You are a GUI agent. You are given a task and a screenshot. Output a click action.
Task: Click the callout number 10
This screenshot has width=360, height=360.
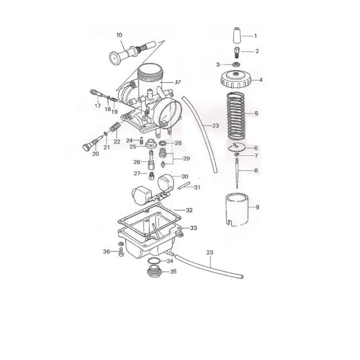(x=119, y=35)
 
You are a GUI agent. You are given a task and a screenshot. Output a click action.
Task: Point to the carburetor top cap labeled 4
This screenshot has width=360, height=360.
(x=236, y=80)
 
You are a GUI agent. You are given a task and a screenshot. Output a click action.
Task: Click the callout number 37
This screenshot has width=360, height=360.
(x=178, y=83)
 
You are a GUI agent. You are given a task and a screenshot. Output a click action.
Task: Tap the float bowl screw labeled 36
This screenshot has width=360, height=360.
(x=120, y=251)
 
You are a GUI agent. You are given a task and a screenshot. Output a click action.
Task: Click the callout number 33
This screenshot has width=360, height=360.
(x=193, y=228)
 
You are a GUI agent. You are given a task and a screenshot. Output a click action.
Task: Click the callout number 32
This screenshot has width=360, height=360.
(x=189, y=210)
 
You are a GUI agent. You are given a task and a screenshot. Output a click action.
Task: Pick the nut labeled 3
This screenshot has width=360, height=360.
(x=236, y=64)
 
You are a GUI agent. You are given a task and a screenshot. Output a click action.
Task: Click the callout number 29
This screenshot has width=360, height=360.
(x=186, y=158)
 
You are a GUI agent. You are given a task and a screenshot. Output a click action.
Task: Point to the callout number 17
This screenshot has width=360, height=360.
(x=97, y=106)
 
